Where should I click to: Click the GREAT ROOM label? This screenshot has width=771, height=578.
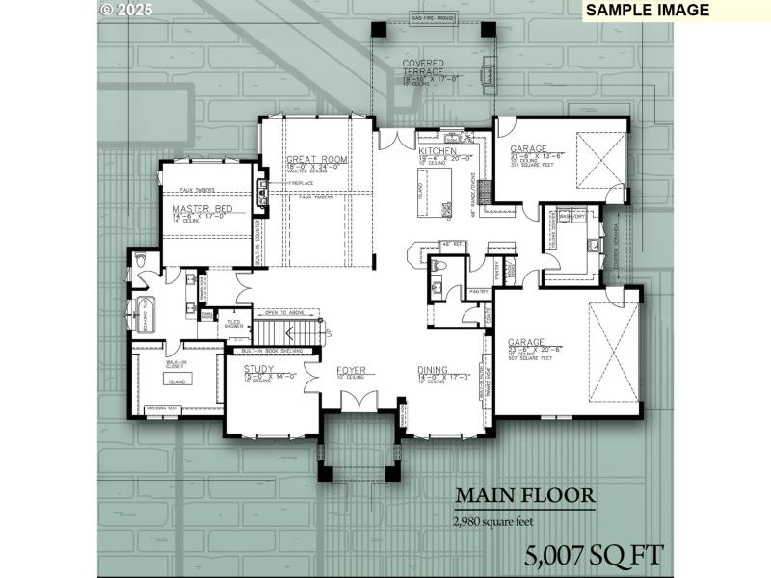[x=315, y=159]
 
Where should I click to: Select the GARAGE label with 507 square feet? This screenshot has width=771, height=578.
[x=527, y=342]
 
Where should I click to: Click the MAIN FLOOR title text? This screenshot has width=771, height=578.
[x=524, y=496]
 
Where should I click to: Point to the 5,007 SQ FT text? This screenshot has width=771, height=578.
[x=594, y=555]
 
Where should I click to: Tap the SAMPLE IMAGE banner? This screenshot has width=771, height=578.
[x=647, y=11]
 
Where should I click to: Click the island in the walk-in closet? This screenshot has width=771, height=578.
[x=177, y=382]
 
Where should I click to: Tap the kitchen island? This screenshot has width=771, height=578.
[x=421, y=186]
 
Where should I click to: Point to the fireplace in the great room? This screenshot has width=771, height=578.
[x=261, y=183]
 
